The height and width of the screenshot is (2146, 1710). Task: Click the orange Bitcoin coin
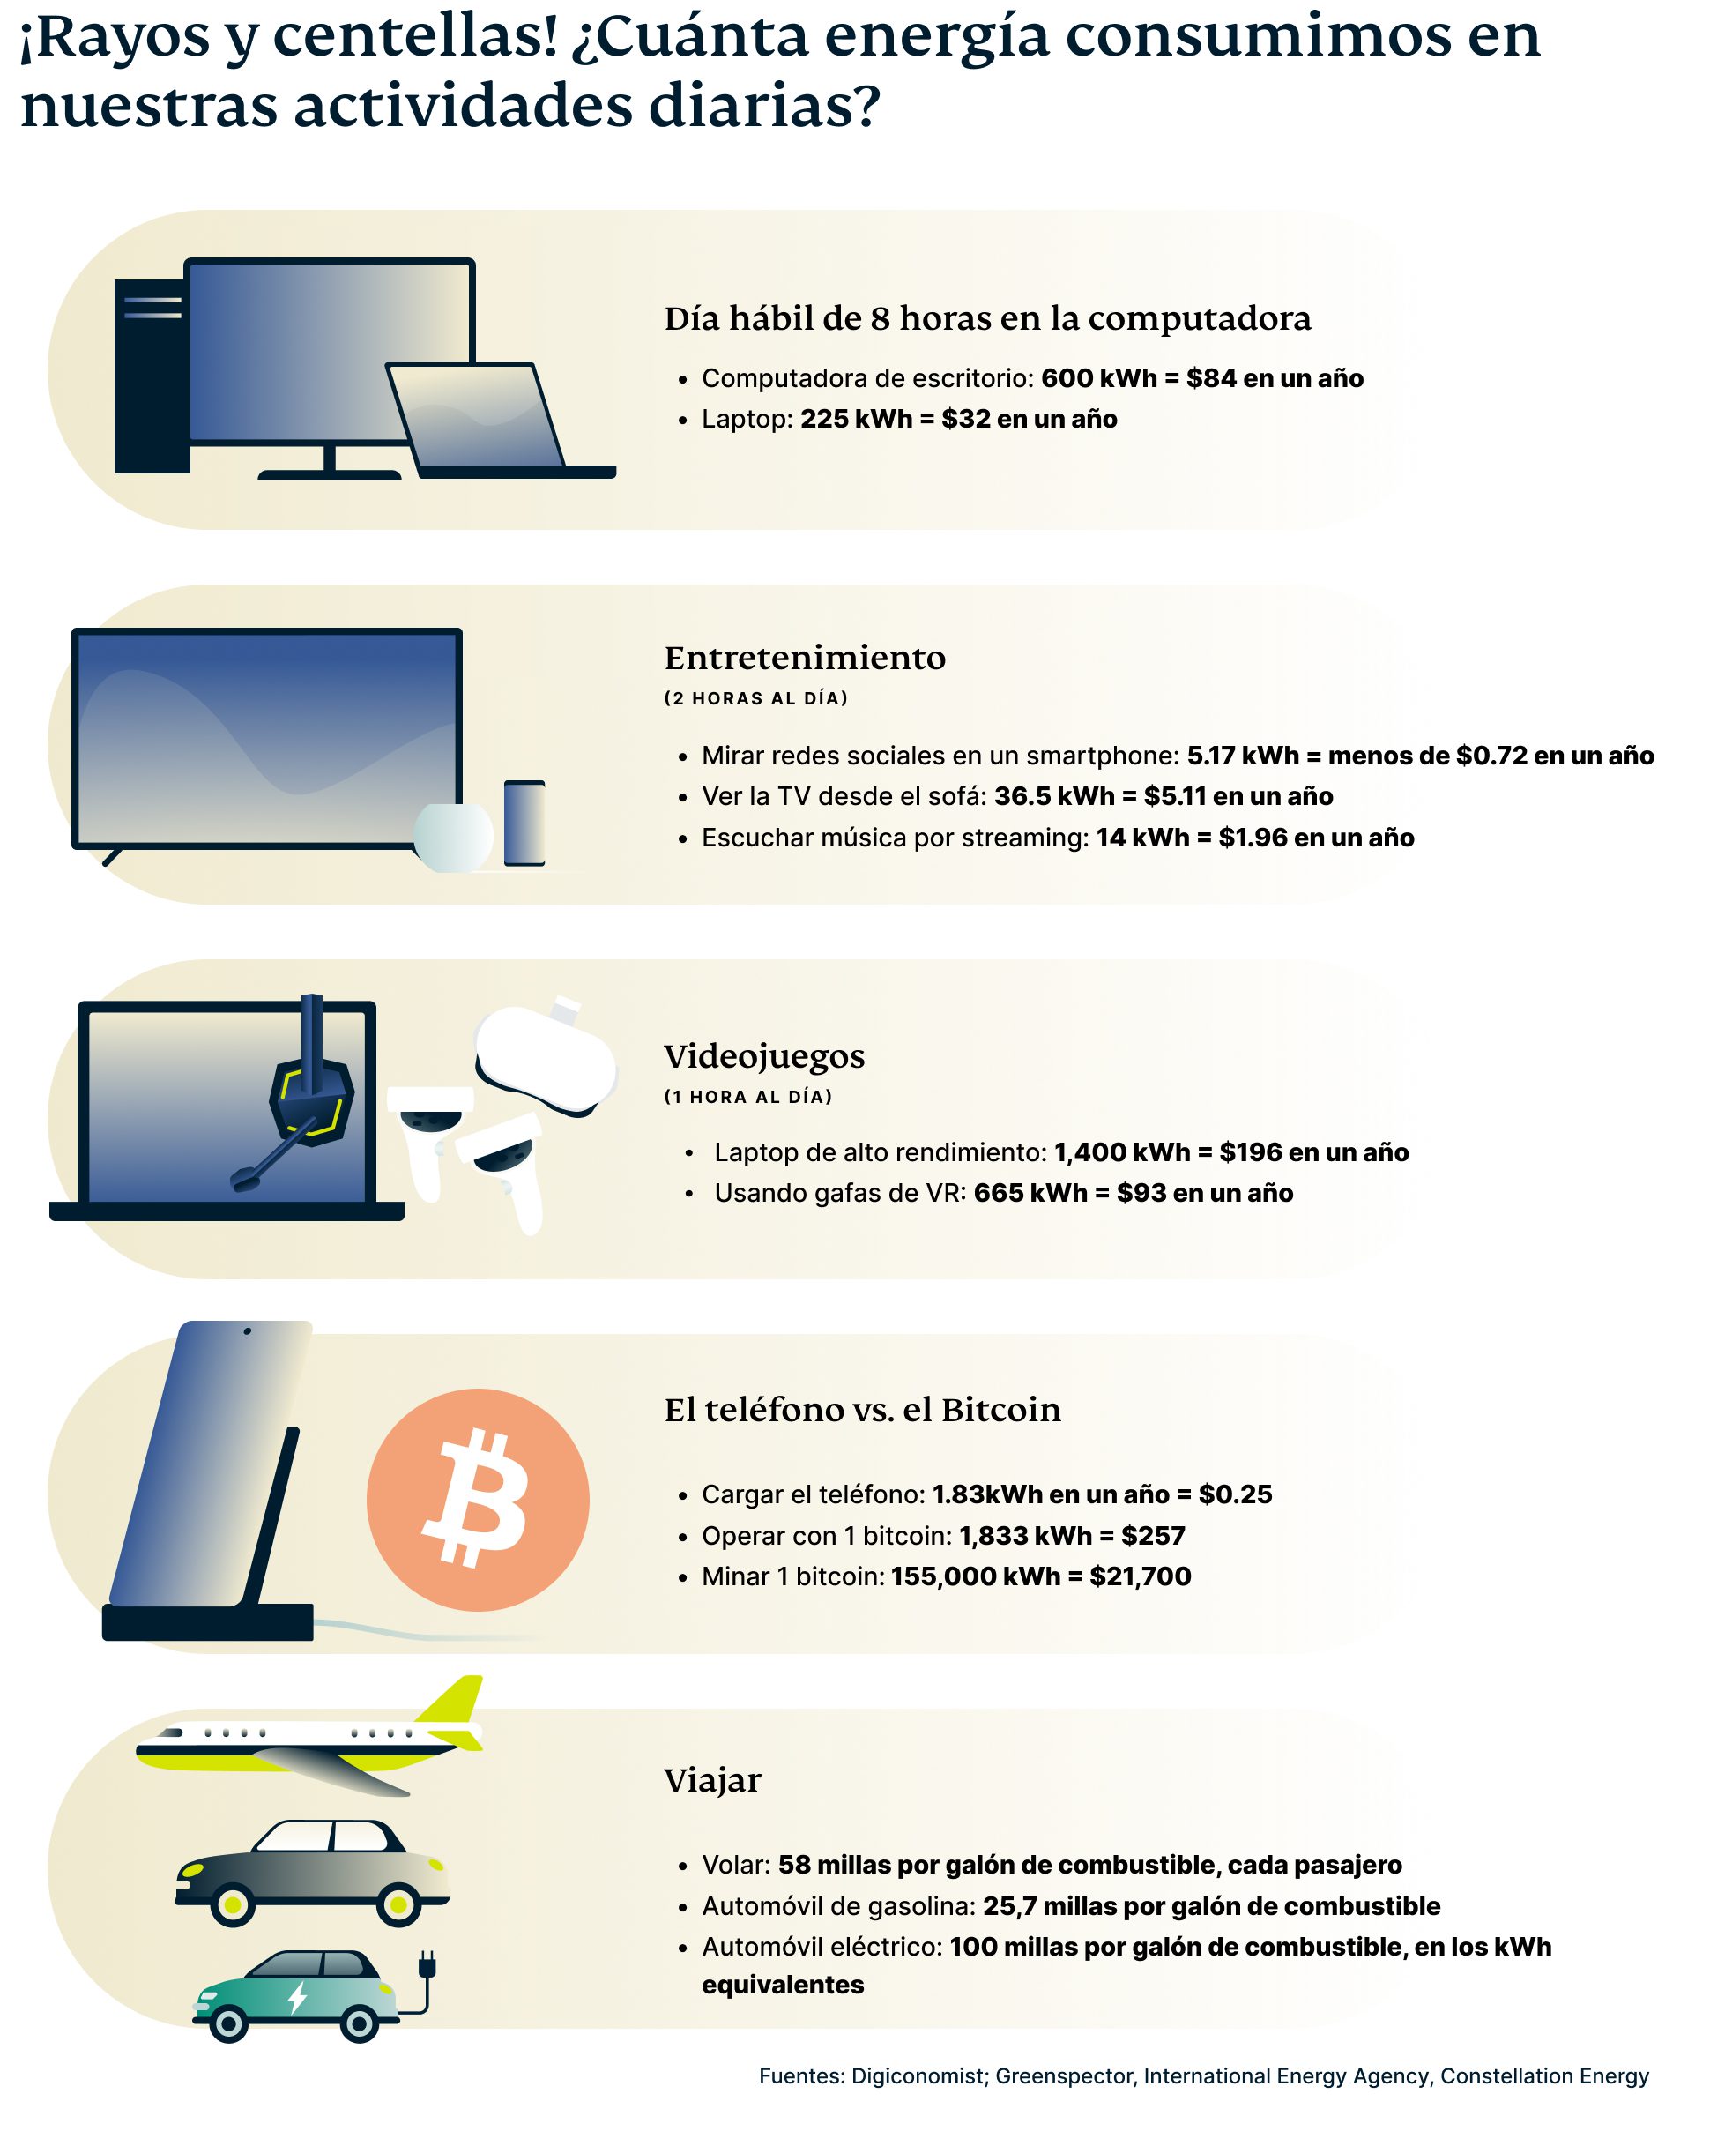pyautogui.click(x=477, y=1499)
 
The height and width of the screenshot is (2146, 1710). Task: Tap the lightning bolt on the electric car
pyautogui.click(x=297, y=1998)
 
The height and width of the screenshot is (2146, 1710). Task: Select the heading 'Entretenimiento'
pyautogui.click(x=804, y=658)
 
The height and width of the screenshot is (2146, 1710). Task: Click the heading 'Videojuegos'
pyautogui.click(x=763, y=1056)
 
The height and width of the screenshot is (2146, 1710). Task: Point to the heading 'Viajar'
pyautogui.click(x=711, y=1781)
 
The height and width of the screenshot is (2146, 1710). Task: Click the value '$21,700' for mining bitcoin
pyautogui.click(x=1140, y=1576)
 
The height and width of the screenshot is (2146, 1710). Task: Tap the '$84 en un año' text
pyautogui.click(x=1274, y=378)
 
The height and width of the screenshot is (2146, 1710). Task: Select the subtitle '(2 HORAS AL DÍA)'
pyautogui.click(x=755, y=699)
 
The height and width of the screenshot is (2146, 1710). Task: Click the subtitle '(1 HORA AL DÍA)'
pyautogui.click(x=747, y=1097)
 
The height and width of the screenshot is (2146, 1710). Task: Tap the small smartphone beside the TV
pyautogui.click(x=524, y=823)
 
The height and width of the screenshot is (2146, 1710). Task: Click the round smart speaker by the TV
pyautogui.click(x=453, y=837)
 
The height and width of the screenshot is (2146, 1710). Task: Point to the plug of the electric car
pyautogui.click(x=428, y=1967)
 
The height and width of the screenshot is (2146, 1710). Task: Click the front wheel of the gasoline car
pyautogui.click(x=398, y=1905)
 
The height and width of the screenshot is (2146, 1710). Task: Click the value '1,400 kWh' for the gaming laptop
pyautogui.click(x=1122, y=1152)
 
